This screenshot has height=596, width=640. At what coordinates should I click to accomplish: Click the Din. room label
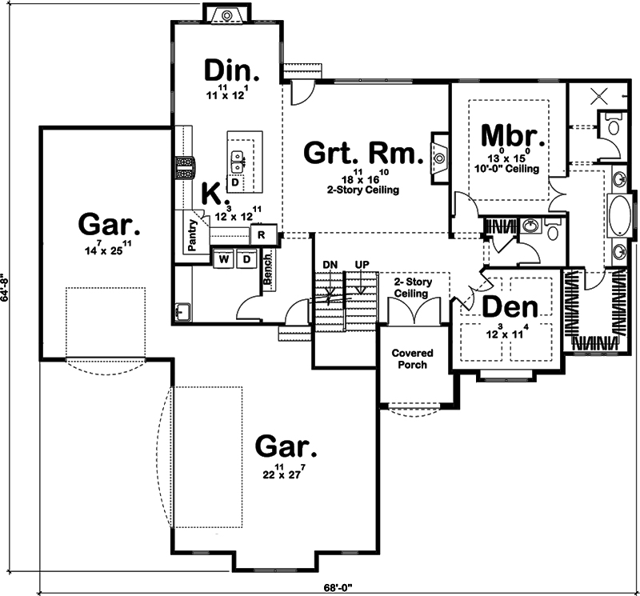point(232,71)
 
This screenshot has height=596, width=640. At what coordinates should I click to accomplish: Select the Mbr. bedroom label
point(513,135)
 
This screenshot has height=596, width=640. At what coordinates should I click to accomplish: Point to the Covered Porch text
point(412,358)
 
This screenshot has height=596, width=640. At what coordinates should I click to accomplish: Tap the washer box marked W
point(223,259)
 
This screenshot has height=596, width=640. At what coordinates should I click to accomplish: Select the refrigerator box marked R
point(262,234)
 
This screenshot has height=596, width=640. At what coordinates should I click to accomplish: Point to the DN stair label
point(330,265)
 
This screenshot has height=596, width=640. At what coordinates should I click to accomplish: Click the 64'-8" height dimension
point(6,288)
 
